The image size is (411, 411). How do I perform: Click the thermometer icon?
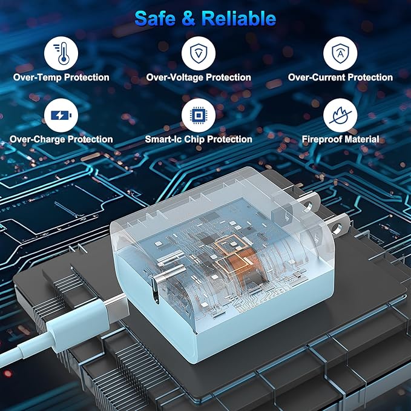pos(61,53)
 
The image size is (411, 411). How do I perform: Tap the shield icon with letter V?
pos(199,53)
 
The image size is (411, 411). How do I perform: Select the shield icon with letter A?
pos(340,53)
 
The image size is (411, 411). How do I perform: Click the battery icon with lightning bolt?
pos(61,116)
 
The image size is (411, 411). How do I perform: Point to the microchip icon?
pos(199,116)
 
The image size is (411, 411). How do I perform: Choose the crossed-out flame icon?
pos(340,116)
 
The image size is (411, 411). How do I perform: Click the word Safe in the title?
pos(155,19)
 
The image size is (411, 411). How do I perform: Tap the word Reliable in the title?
pos(238,19)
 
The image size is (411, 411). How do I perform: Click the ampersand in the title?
pos(188,19)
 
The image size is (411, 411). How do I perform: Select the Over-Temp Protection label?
pos(61,77)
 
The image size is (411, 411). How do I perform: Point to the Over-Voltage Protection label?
pos(199,77)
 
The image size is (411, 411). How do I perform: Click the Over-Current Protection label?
pos(340,77)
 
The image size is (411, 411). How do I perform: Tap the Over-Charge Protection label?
pos(61,139)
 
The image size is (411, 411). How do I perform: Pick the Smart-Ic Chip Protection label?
pos(199,139)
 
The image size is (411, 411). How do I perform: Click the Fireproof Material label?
pos(340,139)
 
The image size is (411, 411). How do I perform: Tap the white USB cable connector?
pos(79,324)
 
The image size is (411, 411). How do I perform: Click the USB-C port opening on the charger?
pos(156,291)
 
